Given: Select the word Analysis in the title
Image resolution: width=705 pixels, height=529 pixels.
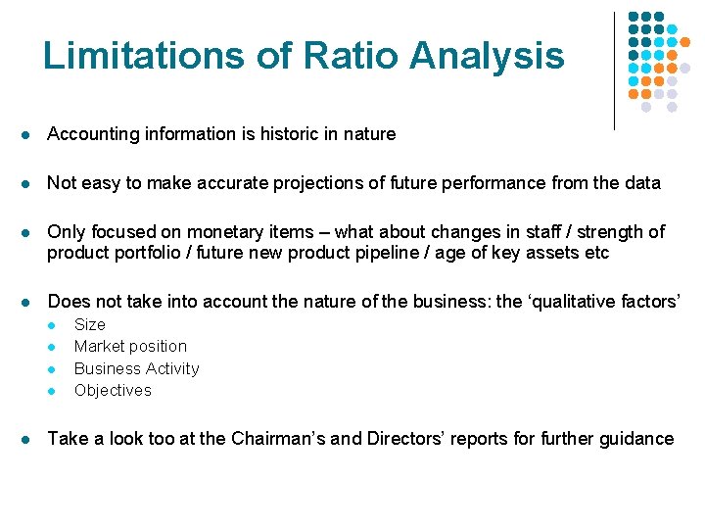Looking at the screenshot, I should tap(487, 56).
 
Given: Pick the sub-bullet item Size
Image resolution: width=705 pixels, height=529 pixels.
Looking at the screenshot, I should tap(89, 324).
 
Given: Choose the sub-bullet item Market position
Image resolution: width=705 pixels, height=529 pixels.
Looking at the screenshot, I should tap(130, 346).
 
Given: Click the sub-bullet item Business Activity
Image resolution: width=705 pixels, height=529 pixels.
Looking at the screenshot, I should tap(136, 368).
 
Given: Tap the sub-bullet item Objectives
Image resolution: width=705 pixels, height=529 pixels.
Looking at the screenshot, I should tap(113, 390).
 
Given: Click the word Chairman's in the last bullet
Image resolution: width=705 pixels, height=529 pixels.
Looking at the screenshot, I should tap(278, 439).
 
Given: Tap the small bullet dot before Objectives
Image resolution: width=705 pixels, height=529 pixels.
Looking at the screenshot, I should tap(55, 391).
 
